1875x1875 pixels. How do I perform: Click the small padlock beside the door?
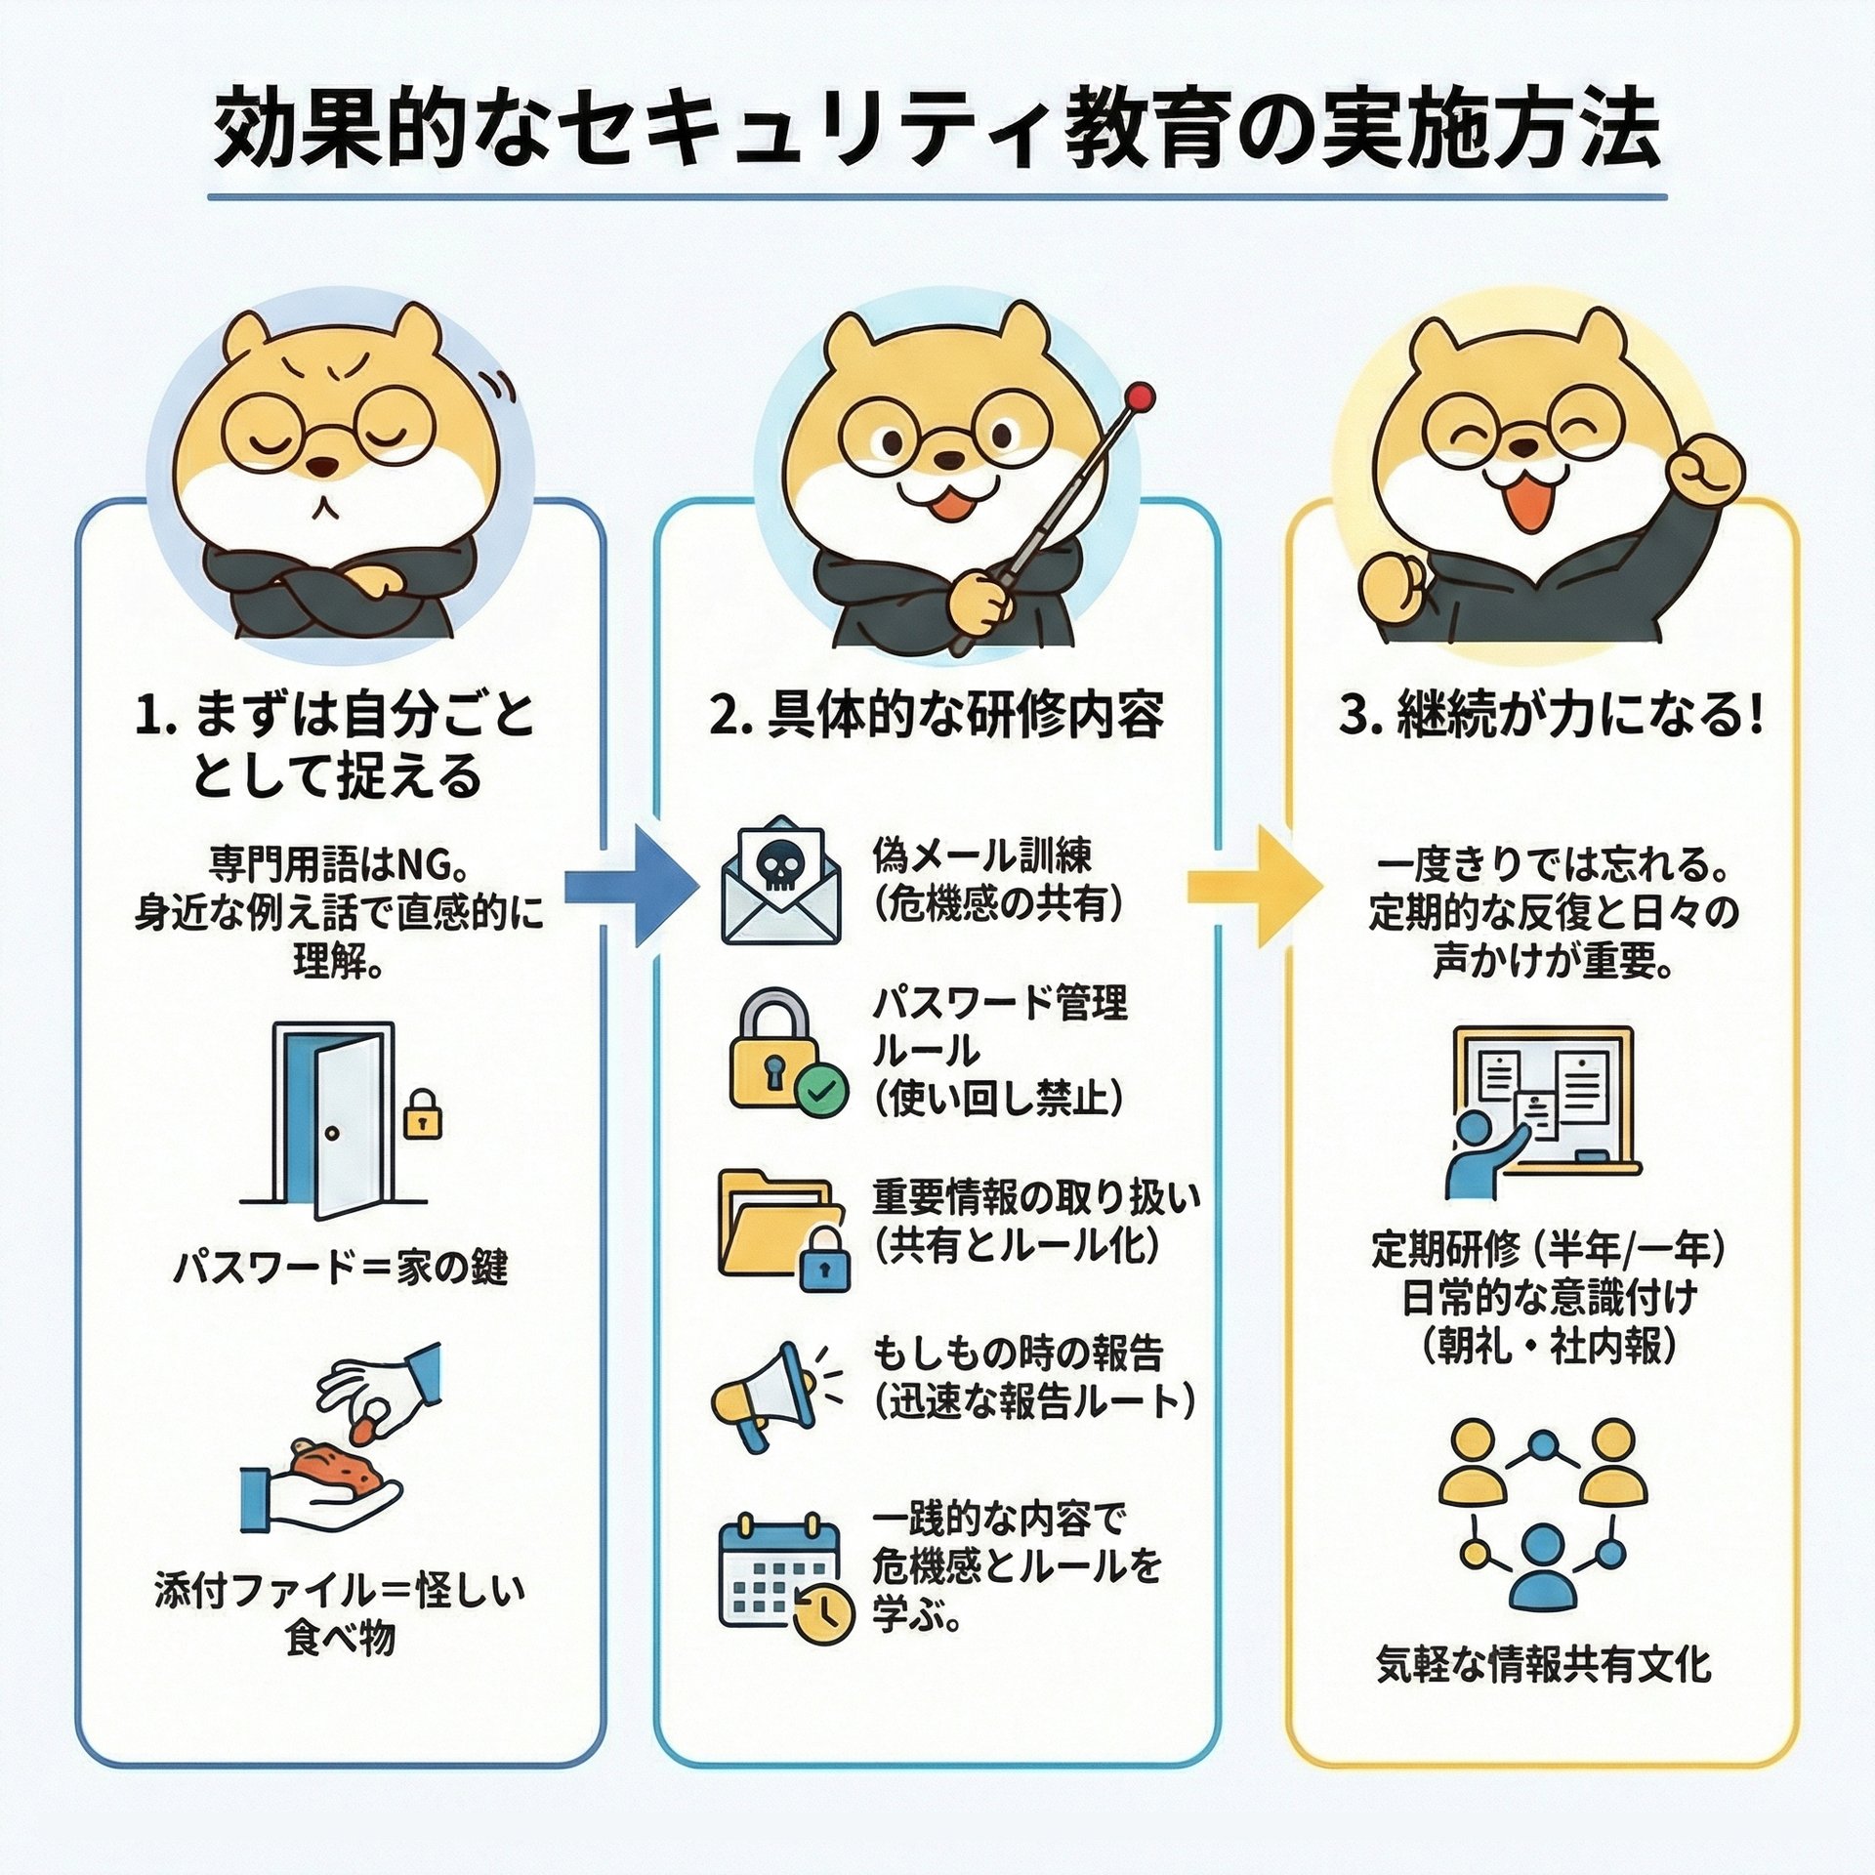[422, 1116]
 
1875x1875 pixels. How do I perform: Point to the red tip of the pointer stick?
[1141, 396]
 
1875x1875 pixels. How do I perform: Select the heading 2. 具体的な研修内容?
[936, 716]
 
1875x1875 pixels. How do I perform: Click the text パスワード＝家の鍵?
[340, 1269]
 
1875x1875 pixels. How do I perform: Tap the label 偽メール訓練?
[981, 856]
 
